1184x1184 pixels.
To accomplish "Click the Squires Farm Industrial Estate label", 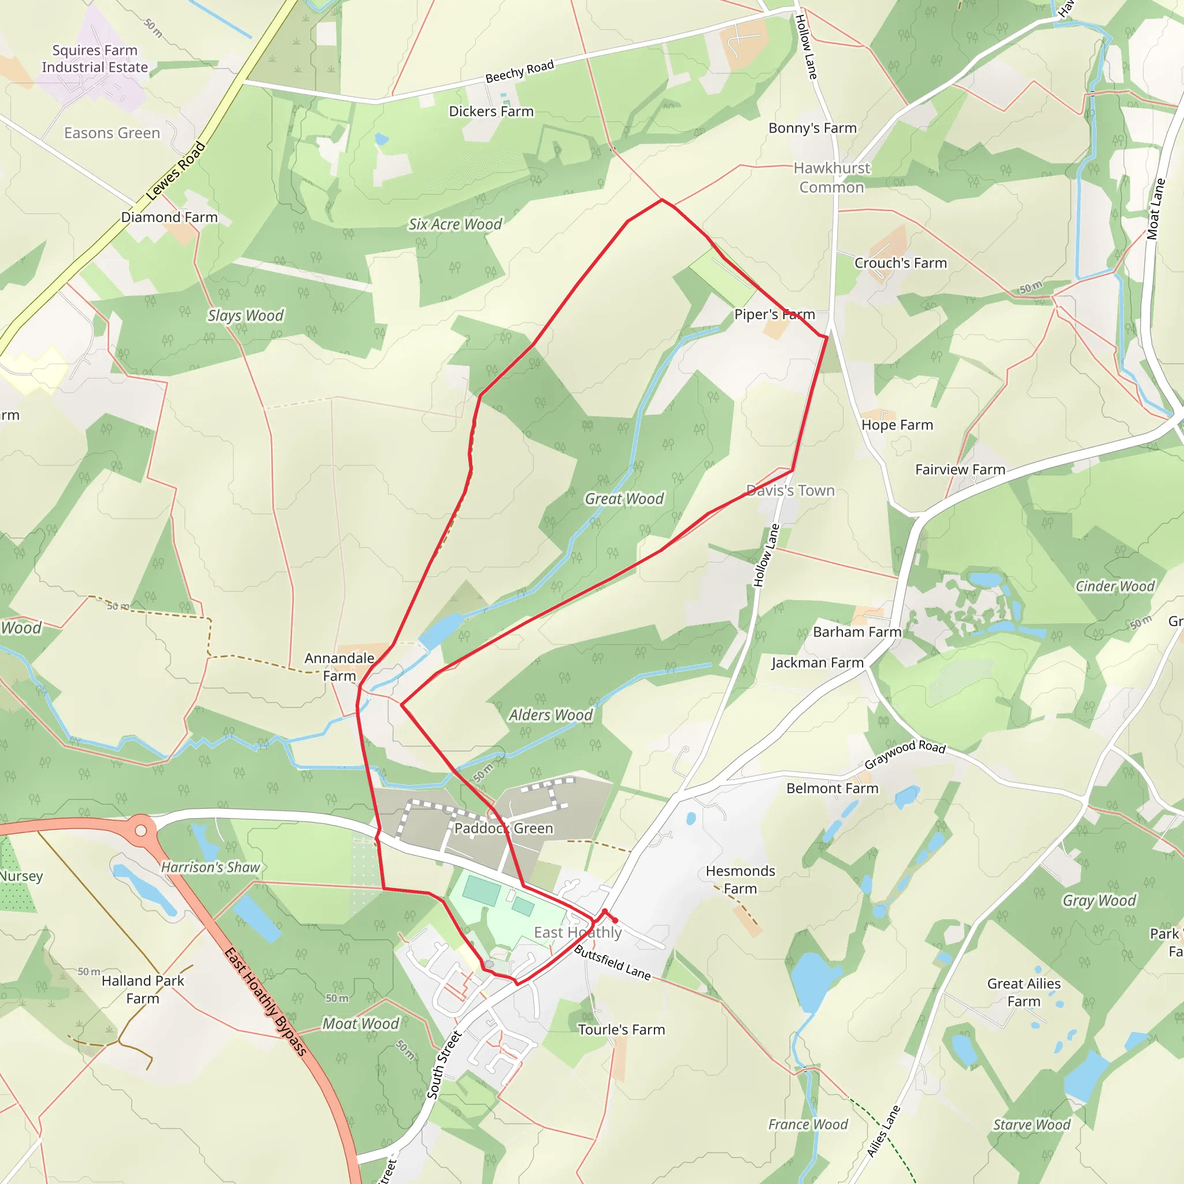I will [x=95, y=59].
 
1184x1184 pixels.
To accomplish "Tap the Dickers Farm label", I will [x=491, y=112].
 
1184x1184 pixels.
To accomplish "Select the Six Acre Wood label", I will [x=456, y=224].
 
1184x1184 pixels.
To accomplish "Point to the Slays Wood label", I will [x=245, y=316].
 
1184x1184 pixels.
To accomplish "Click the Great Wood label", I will [x=624, y=499].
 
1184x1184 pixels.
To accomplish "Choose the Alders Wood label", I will [x=550, y=715].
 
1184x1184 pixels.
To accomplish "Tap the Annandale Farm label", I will [x=339, y=667].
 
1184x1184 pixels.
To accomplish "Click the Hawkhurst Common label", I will [x=831, y=177].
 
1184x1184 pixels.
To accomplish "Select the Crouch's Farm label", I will [x=900, y=263].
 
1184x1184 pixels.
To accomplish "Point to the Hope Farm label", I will [x=897, y=425].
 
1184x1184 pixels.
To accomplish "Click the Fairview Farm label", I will [x=960, y=469].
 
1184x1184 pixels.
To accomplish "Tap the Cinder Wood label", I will [x=1114, y=586].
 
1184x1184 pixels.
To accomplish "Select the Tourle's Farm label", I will [x=621, y=1030].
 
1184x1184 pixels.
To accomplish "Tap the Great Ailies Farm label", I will [x=1023, y=992].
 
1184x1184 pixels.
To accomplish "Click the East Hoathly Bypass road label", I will [x=265, y=1001].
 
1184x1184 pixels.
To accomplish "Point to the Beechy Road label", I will [x=519, y=71].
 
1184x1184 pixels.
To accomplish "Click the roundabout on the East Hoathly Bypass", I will [x=141, y=830].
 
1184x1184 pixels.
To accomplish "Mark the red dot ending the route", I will [x=615, y=920].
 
